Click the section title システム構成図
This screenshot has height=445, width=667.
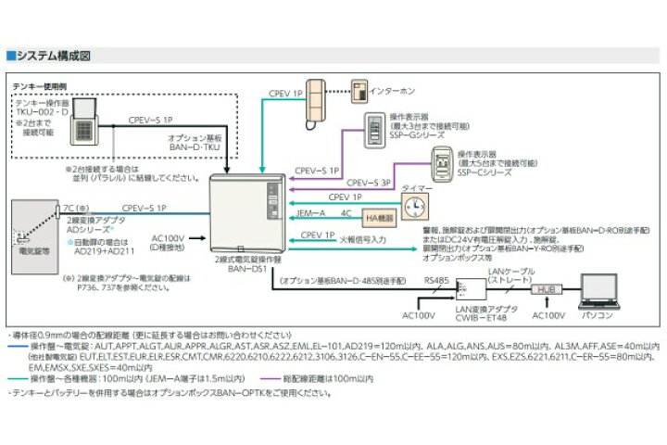click(52, 57)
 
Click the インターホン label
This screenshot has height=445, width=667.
click(390, 93)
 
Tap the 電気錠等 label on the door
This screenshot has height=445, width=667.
click(33, 251)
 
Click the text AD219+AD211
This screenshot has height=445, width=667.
click(103, 251)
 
